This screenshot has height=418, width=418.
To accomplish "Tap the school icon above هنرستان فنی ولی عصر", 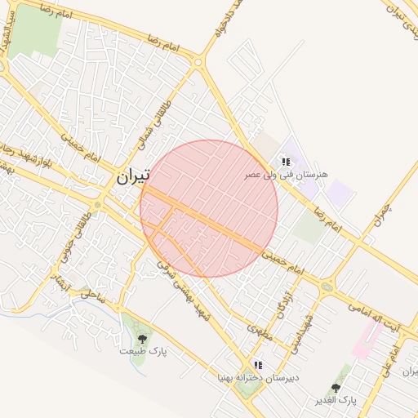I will pos(285,162).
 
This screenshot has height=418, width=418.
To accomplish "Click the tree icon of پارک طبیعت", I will pos(142,337).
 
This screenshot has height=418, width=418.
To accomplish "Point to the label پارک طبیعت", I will pos(143,350).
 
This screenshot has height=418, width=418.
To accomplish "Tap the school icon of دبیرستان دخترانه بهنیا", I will pos(258,364).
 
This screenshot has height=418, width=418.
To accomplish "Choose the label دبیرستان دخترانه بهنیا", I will pos(247,377).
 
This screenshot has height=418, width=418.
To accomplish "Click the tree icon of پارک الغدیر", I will pos(336,388).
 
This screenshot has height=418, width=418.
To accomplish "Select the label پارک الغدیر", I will pos(336,401).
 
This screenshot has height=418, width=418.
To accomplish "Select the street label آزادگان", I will pos(284,303).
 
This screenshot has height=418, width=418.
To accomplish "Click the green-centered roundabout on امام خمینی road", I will pos(327,286).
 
